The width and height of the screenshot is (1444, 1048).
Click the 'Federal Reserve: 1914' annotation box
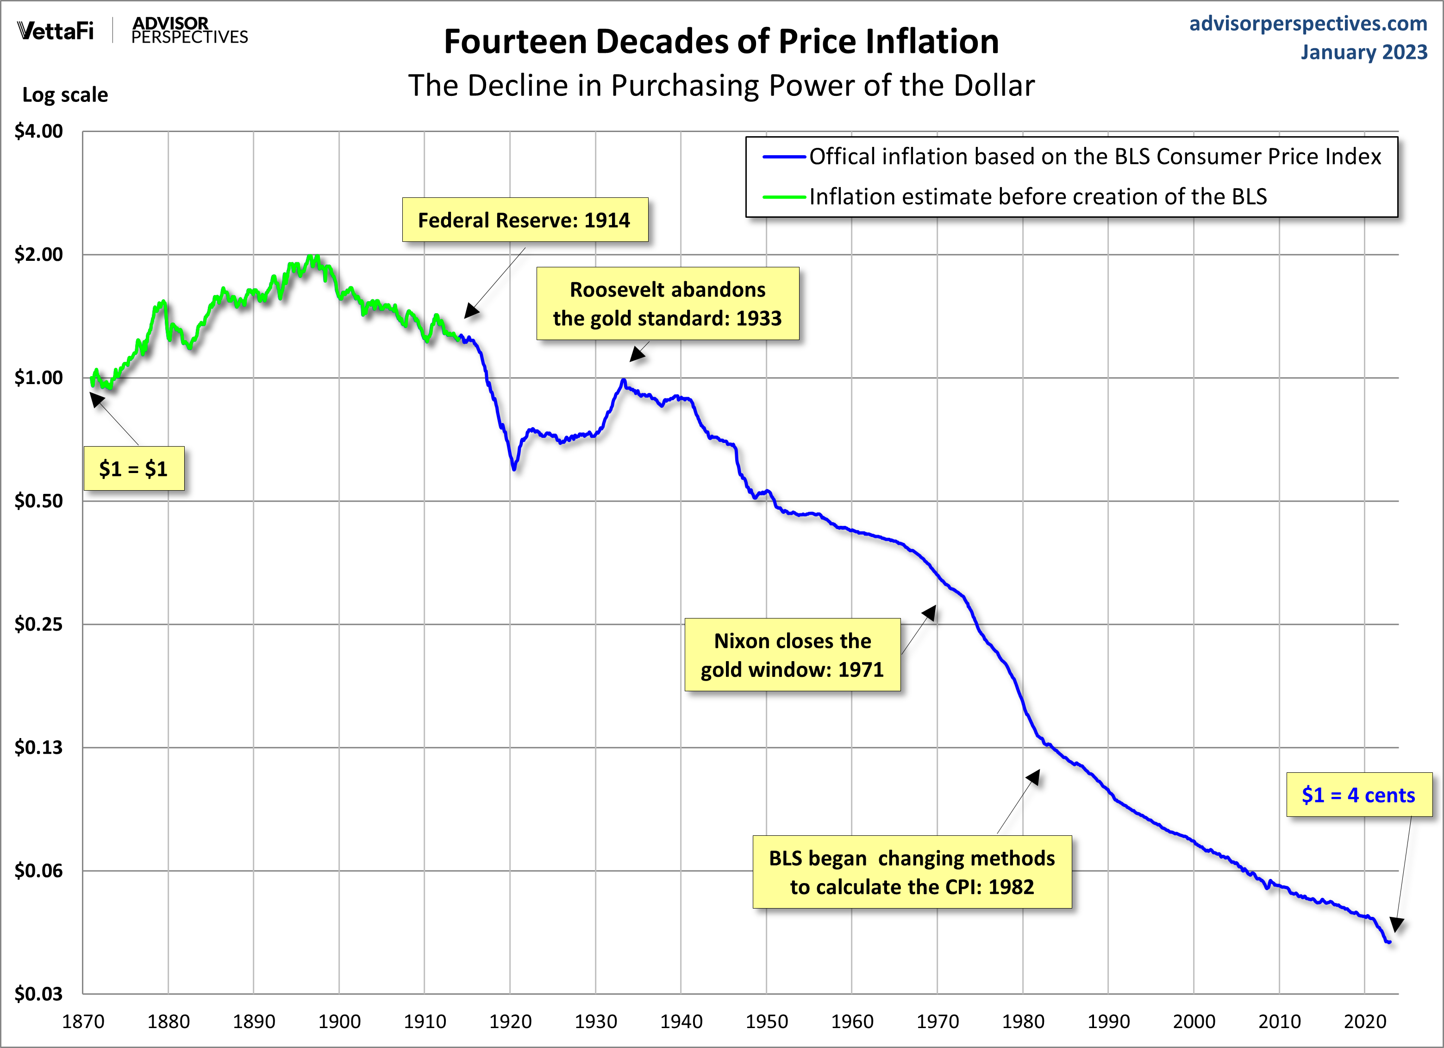[x=525, y=220]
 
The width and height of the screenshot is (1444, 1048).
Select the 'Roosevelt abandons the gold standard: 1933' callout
[x=667, y=304]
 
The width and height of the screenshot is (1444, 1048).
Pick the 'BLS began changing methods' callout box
[x=912, y=872]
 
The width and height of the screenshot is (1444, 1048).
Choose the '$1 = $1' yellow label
[x=134, y=469]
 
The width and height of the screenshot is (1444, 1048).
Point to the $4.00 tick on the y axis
[x=39, y=131]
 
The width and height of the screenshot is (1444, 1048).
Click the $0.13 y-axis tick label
[x=39, y=747]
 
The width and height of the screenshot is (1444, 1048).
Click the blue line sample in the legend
[x=784, y=157]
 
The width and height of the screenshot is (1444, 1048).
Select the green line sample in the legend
[x=784, y=197]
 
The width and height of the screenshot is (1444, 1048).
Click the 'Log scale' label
[x=65, y=95]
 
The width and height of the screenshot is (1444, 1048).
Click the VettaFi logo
[x=56, y=31]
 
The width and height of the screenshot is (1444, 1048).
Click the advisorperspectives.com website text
[x=1308, y=24]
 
